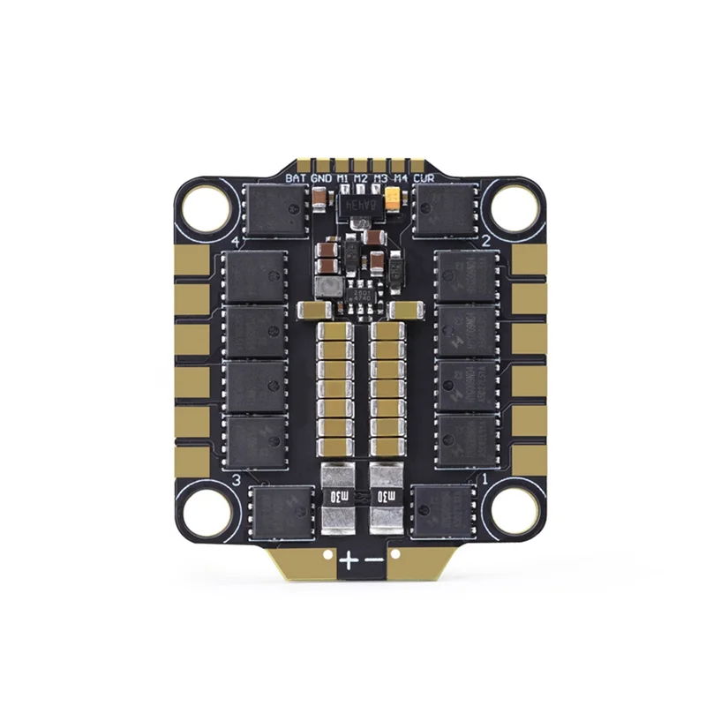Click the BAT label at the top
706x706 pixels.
[x=295, y=177]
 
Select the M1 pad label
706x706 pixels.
[x=340, y=177]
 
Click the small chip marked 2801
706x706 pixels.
[x=362, y=295]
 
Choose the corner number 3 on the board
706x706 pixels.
[x=236, y=479]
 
